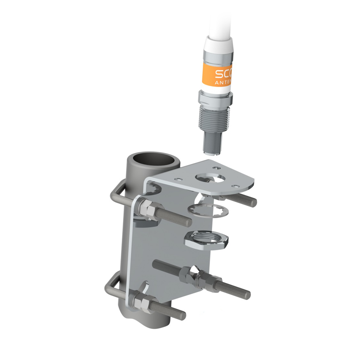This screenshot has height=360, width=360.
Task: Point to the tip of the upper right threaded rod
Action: click(254, 201)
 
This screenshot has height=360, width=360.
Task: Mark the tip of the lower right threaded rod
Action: click(247, 294)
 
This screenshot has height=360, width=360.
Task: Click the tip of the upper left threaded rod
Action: click(189, 222)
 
